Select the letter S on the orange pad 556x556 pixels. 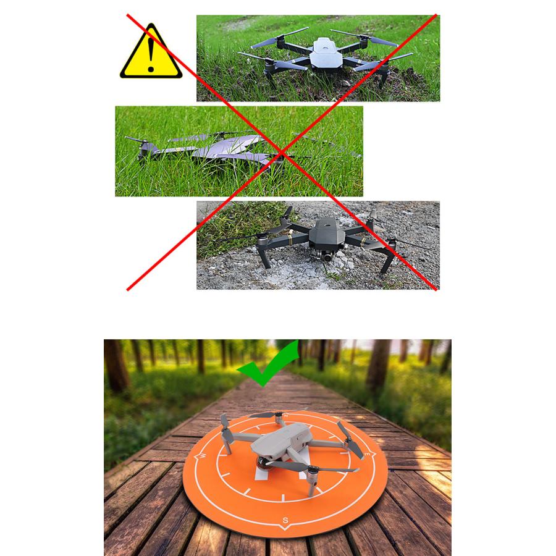coord(285,519)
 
